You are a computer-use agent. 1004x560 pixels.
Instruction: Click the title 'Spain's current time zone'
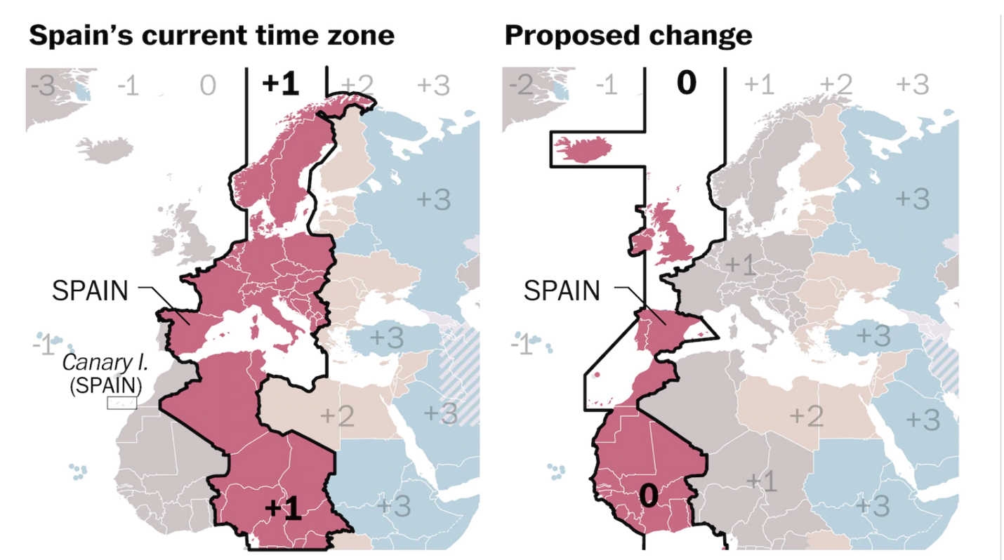211,35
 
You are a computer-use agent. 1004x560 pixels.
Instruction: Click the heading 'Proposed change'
628,35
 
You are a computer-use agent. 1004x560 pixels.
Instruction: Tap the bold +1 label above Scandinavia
280,84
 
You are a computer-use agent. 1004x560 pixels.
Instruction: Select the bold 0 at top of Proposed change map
685,84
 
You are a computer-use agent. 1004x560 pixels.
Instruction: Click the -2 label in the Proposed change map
522,86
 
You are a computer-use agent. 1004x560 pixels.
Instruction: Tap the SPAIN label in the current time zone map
90,291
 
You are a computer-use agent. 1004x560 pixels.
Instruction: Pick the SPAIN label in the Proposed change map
562,290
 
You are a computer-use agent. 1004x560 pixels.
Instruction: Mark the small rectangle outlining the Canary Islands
121,403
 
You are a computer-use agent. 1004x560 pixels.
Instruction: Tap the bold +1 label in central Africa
283,509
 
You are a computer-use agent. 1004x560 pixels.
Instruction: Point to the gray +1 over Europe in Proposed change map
740,265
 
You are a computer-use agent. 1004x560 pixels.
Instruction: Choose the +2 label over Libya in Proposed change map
805,416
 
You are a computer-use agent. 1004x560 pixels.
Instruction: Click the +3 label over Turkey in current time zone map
386,338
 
